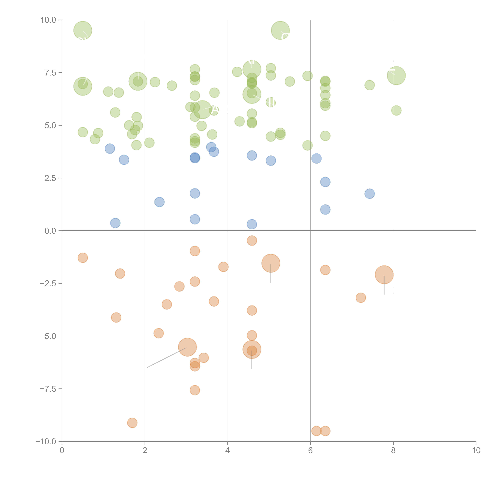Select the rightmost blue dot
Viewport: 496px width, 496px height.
369,194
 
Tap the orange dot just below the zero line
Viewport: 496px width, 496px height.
252,241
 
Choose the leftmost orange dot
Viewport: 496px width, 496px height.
83,258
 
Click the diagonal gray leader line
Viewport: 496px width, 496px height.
166,358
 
